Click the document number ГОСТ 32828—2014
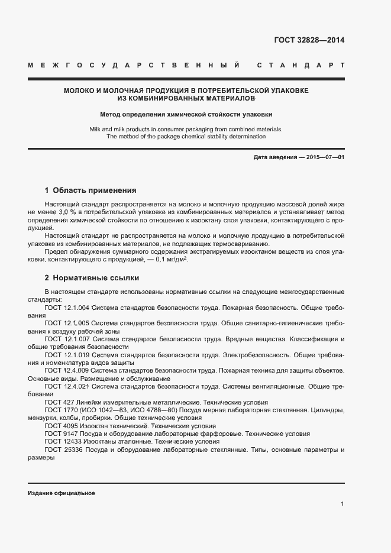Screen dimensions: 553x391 309,41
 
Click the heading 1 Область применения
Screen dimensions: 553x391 91,190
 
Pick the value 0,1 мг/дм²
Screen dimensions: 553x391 167,260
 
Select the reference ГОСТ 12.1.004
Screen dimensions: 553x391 67,308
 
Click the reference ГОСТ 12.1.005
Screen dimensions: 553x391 67,324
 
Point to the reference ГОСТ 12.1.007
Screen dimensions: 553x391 67,339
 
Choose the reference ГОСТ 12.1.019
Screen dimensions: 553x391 67,355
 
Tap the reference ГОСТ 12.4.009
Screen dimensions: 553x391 67,370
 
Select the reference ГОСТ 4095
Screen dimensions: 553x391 59,426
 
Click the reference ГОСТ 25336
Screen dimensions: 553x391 62,449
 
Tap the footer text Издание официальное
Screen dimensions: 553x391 62,493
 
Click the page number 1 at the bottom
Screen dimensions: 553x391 342,504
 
